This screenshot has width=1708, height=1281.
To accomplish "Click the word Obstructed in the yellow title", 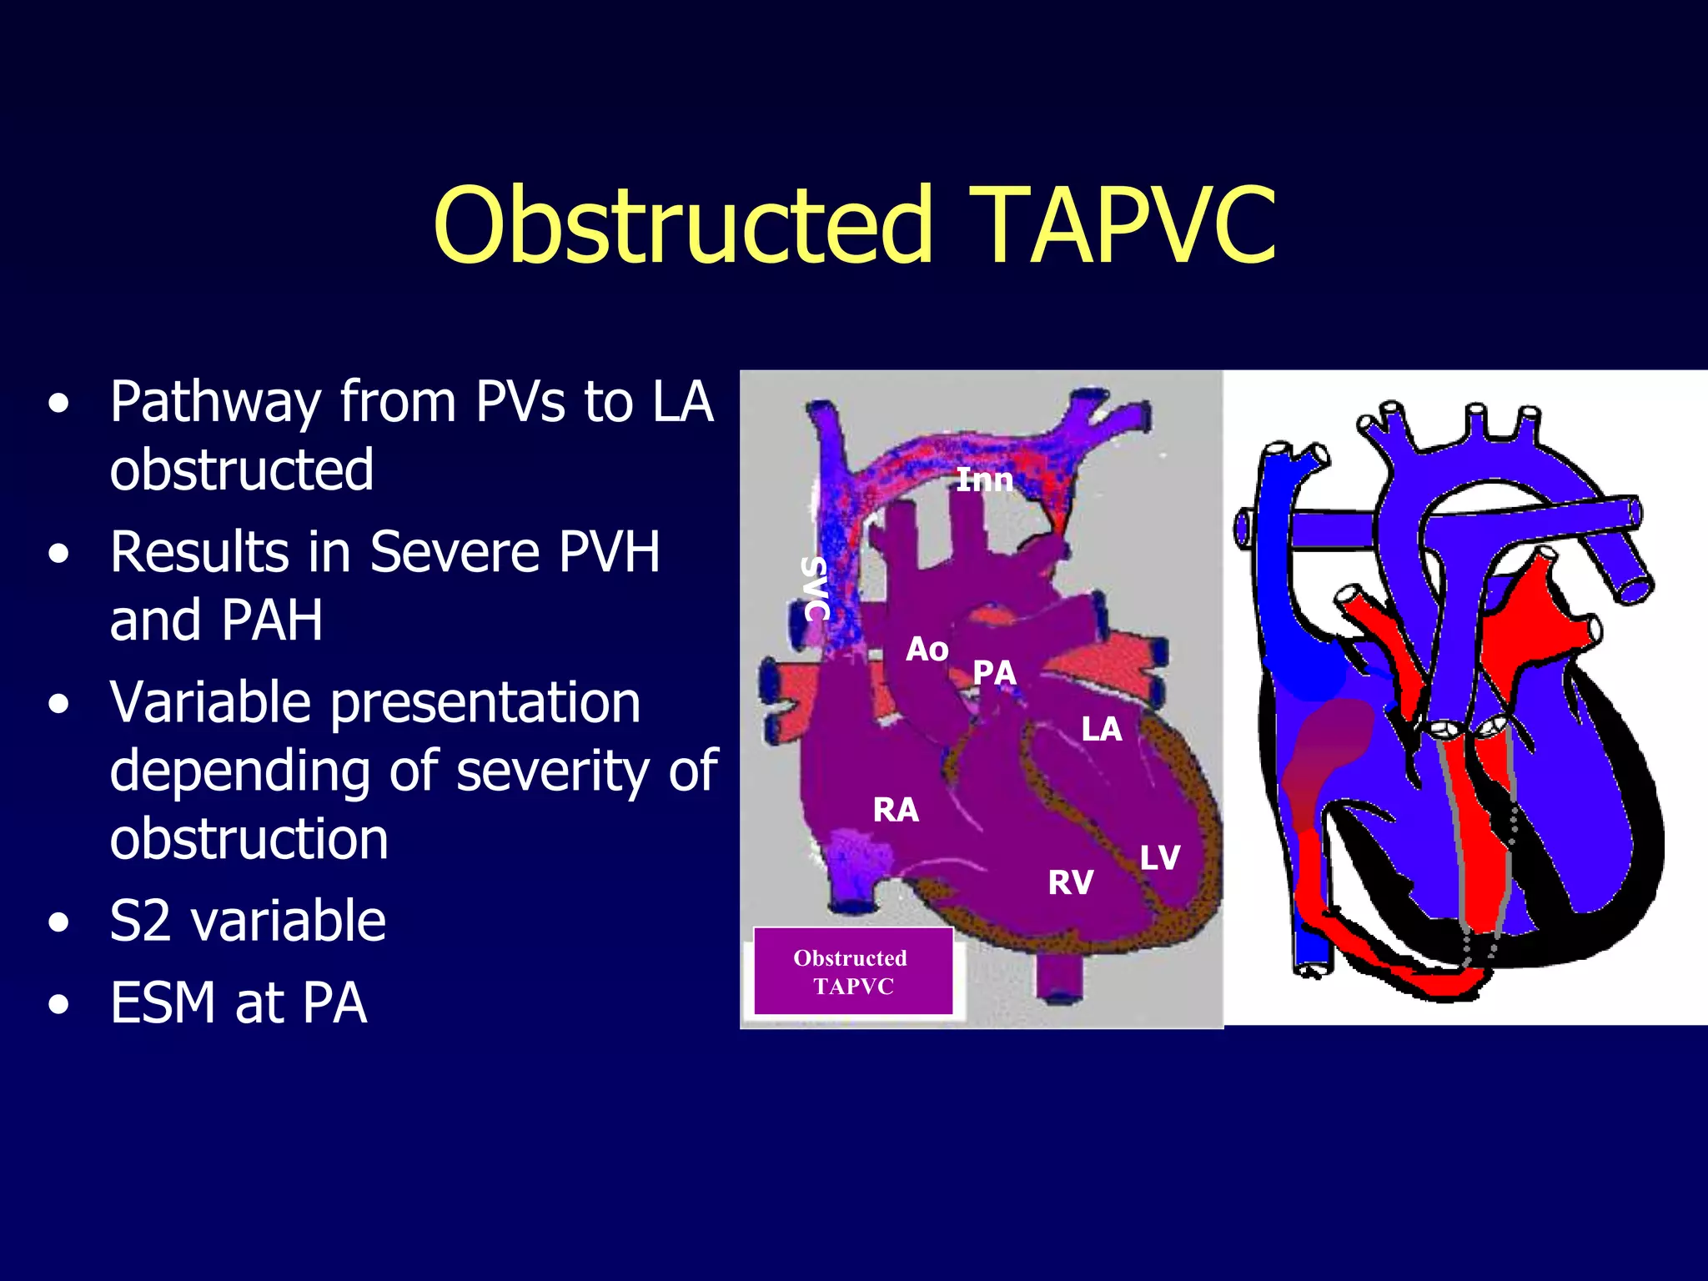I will pyautogui.click(x=682, y=225).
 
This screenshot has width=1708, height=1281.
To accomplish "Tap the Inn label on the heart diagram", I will pyautogui.click(x=984, y=480).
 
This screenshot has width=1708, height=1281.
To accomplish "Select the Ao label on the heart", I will pyautogui.click(x=927, y=649).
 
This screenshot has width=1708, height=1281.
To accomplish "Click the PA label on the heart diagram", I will pyautogui.click(x=994, y=672).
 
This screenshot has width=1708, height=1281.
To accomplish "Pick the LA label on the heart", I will pyautogui.click(x=1101, y=730).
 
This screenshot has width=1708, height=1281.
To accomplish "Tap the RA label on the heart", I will pyautogui.click(x=896, y=810).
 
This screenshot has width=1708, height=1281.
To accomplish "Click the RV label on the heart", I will pyautogui.click(x=1070, y=882).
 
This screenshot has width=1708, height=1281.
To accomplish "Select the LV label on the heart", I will pyautogui.click(x=1159, y=857).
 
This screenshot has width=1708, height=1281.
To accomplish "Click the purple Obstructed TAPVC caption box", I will pyautogui.click(x=852, y=972).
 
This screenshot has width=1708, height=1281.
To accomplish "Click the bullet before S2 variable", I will pyautogui.click(x=58, y=923).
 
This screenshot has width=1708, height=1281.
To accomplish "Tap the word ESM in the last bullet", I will pyautogui.click(x=163, y=1002).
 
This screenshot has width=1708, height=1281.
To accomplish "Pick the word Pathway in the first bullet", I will pyautogui.click(x=215, y=402).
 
